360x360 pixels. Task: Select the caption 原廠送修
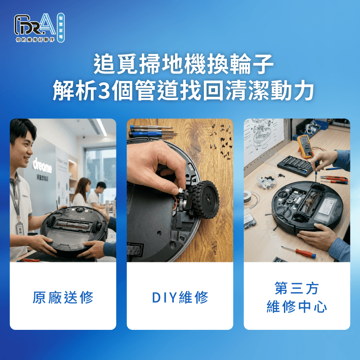tap(63, 297)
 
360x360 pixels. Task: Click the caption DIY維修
tap(180, 297)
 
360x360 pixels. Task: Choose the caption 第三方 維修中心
tap(297, 297)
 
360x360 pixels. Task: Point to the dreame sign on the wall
tap(42, 165)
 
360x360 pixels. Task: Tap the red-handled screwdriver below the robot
tap(299, 251)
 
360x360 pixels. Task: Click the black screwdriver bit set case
tap(294, 166)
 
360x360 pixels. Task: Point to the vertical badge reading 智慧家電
tap(61, 27)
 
